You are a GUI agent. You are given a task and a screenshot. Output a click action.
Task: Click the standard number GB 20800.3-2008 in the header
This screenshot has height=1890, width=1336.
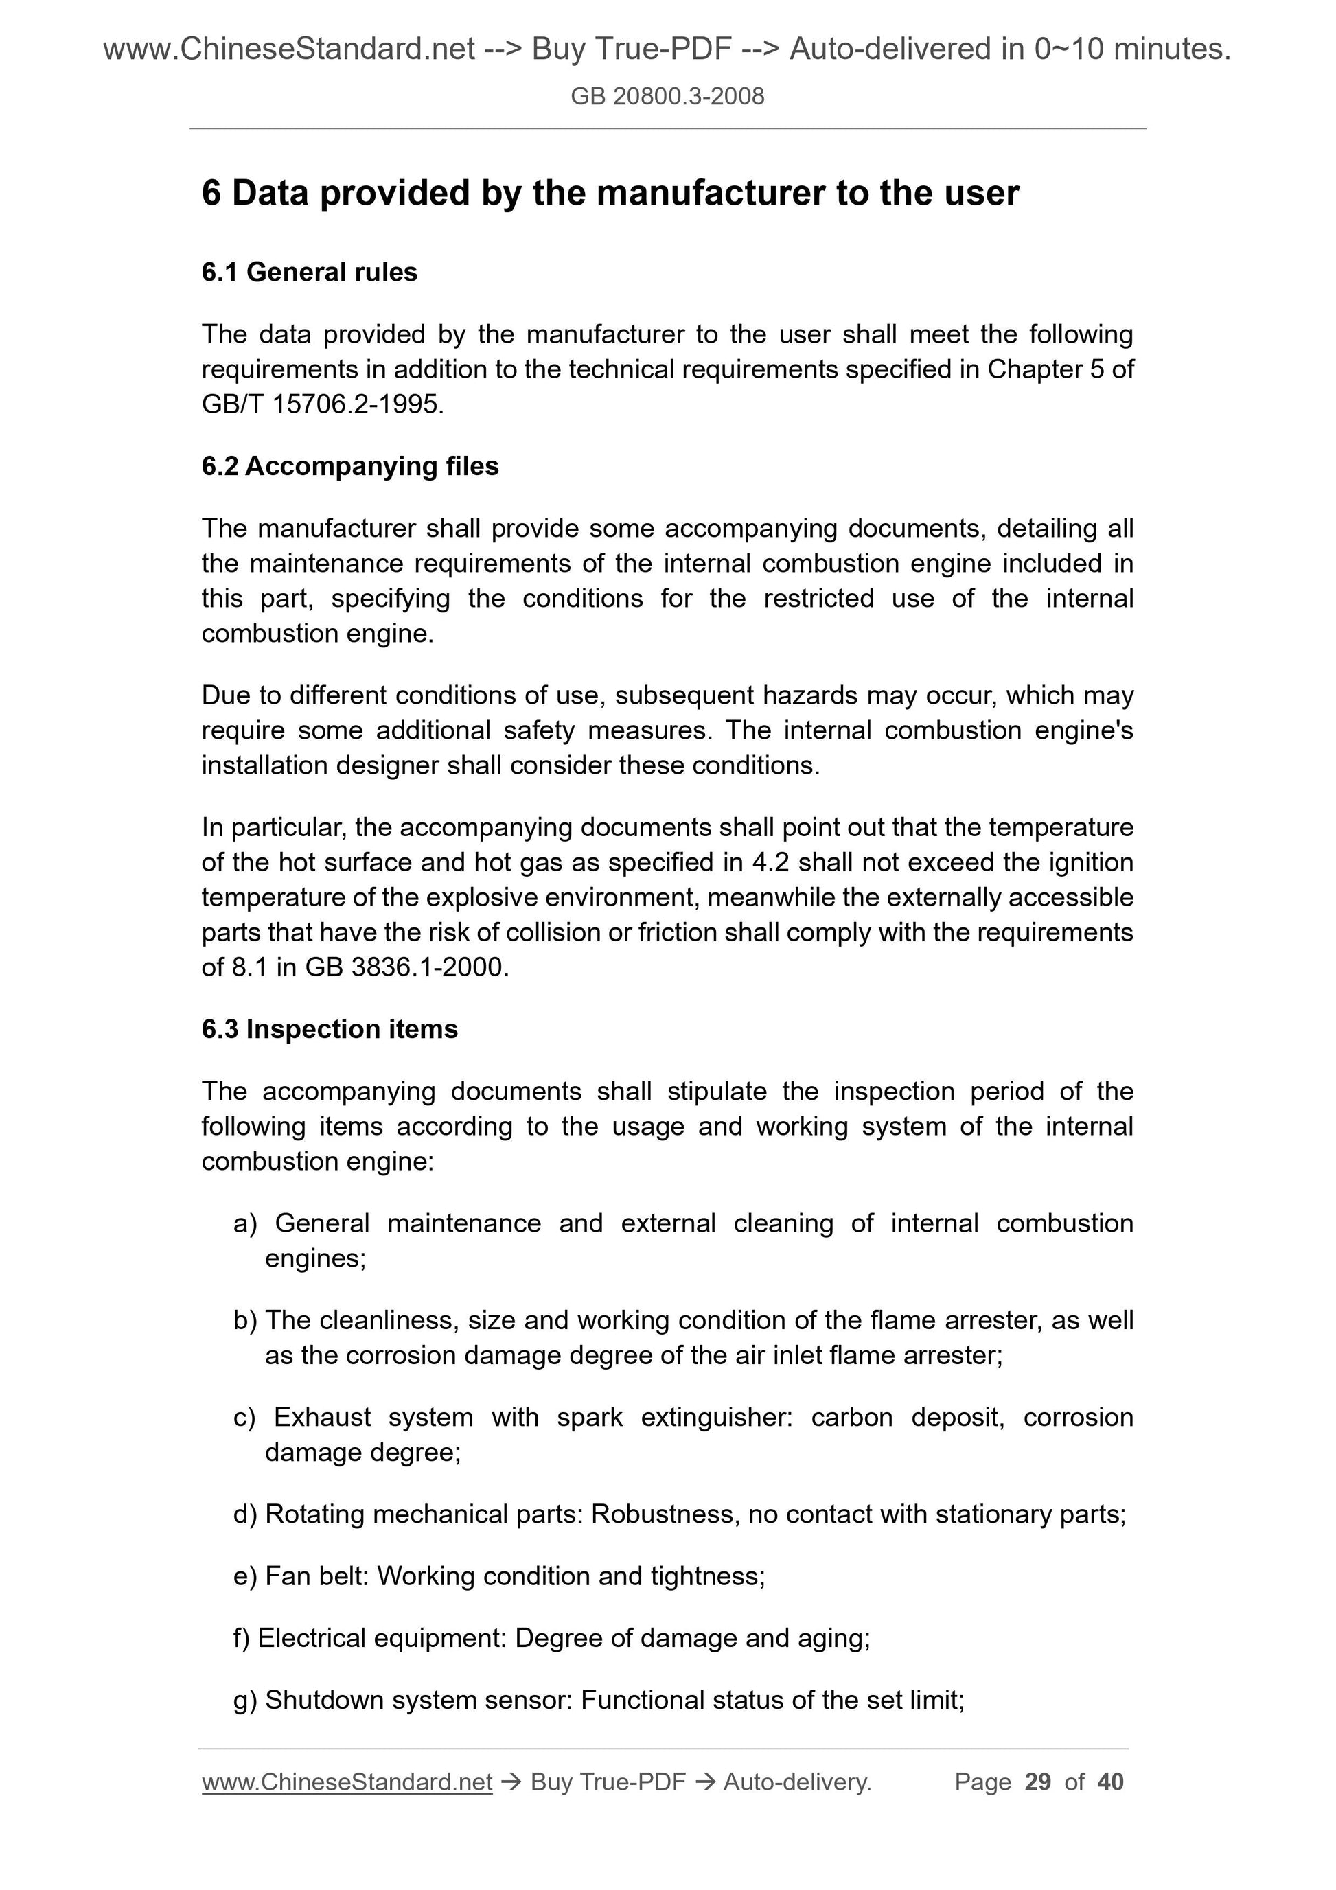point(667,96)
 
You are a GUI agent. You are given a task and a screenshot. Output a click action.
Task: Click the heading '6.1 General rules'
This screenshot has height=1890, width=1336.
point(309,272)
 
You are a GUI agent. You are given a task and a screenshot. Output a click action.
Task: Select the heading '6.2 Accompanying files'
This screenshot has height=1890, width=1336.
point(350,466)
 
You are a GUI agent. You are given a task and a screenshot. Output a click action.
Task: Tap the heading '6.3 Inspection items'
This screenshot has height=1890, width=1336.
point(330,1029)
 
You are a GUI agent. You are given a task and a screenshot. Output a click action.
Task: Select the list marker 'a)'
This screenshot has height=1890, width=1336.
point(245,1223)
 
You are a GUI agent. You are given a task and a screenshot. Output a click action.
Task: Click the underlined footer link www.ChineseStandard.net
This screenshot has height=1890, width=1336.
point(347,1782)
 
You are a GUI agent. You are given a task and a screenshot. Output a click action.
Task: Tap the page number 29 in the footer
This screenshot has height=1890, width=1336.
point(1038,1782)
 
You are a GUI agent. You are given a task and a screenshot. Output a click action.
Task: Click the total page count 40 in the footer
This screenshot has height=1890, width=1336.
point(1110,1782)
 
